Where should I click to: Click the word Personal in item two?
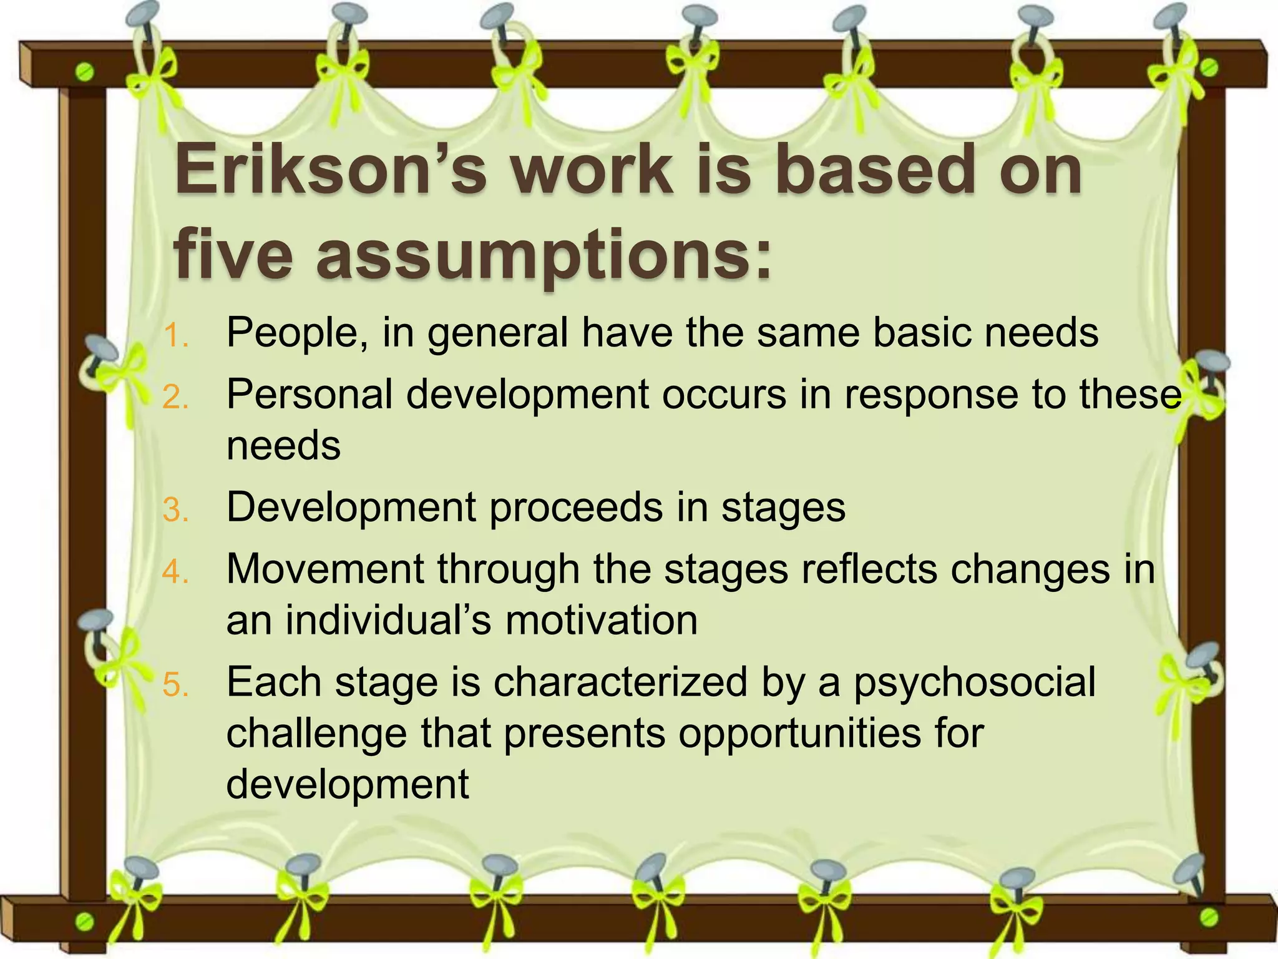[x=310, y=395]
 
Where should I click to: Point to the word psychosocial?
[x=974, y=682]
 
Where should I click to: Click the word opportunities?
[x=799, y=733]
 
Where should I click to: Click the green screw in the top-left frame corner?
[x=85, y=73]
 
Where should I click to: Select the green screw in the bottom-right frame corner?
[x=1209, y=917]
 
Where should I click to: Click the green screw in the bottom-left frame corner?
[x=85, y=921]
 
